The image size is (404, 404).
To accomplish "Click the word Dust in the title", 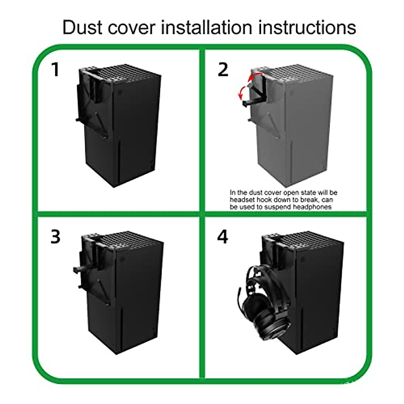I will point(82,28).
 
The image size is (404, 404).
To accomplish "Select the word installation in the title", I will point(206,28).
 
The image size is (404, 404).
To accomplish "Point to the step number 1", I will point(55,70).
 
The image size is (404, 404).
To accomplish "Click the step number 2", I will point(223,70).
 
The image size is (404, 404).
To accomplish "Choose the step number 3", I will point(56,237).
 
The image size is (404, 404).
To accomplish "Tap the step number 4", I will point(223,237).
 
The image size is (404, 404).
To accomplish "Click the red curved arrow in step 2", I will point(245,87).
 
